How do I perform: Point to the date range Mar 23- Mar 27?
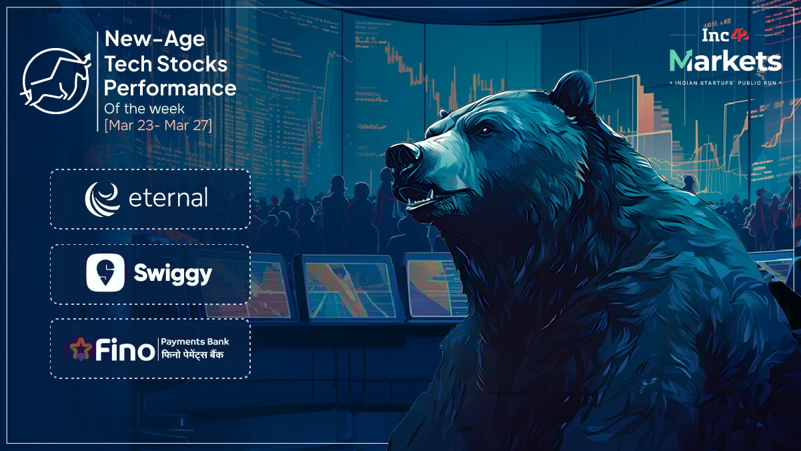point(158,124)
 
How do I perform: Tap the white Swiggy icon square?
point(105,274)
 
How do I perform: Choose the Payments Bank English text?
point(191,342)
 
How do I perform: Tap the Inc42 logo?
point(724,35)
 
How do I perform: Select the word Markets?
point(726,61)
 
